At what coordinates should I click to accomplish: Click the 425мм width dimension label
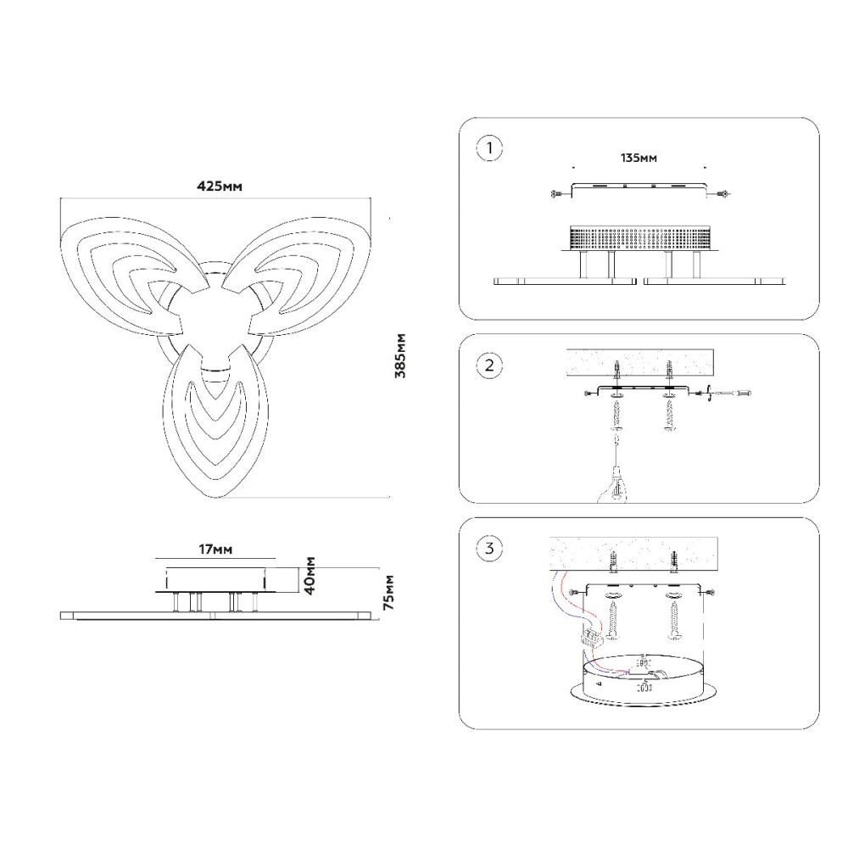pyautogui.click(x=219, y=186)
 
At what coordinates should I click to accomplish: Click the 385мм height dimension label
pyautogui.click(x=400, y=356)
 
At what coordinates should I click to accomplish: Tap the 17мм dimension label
pyautogui.click(x=215, y=550)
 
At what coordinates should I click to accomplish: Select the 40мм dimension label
pyautogui.click(x=310, y=576)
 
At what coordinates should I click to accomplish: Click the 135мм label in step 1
pyautogui.click(x=639, y=158)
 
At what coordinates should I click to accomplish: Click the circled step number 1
pyautogui.click(x=489, y=148)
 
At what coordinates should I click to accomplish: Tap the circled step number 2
pyautogui.click(x=489, y=365)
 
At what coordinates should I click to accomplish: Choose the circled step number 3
pyautogui.click(x=489, y=549)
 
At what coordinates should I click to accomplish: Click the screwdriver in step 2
pyautogui.click(x=730, y=393)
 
